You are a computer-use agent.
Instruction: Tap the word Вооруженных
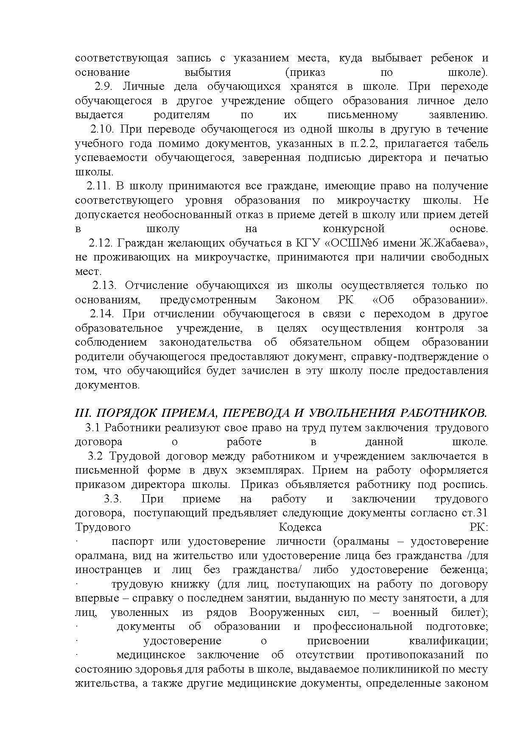click(x=287, y=613)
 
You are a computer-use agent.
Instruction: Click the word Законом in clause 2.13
click(x=297, y=300)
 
